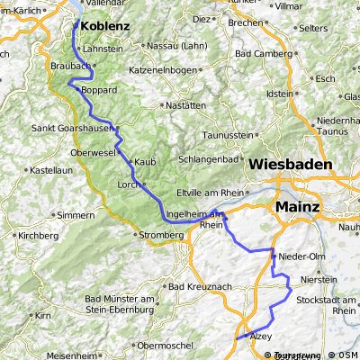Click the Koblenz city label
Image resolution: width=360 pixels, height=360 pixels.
(x=104, y=27)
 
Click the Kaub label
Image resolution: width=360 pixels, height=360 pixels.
(x=145, y=162)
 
